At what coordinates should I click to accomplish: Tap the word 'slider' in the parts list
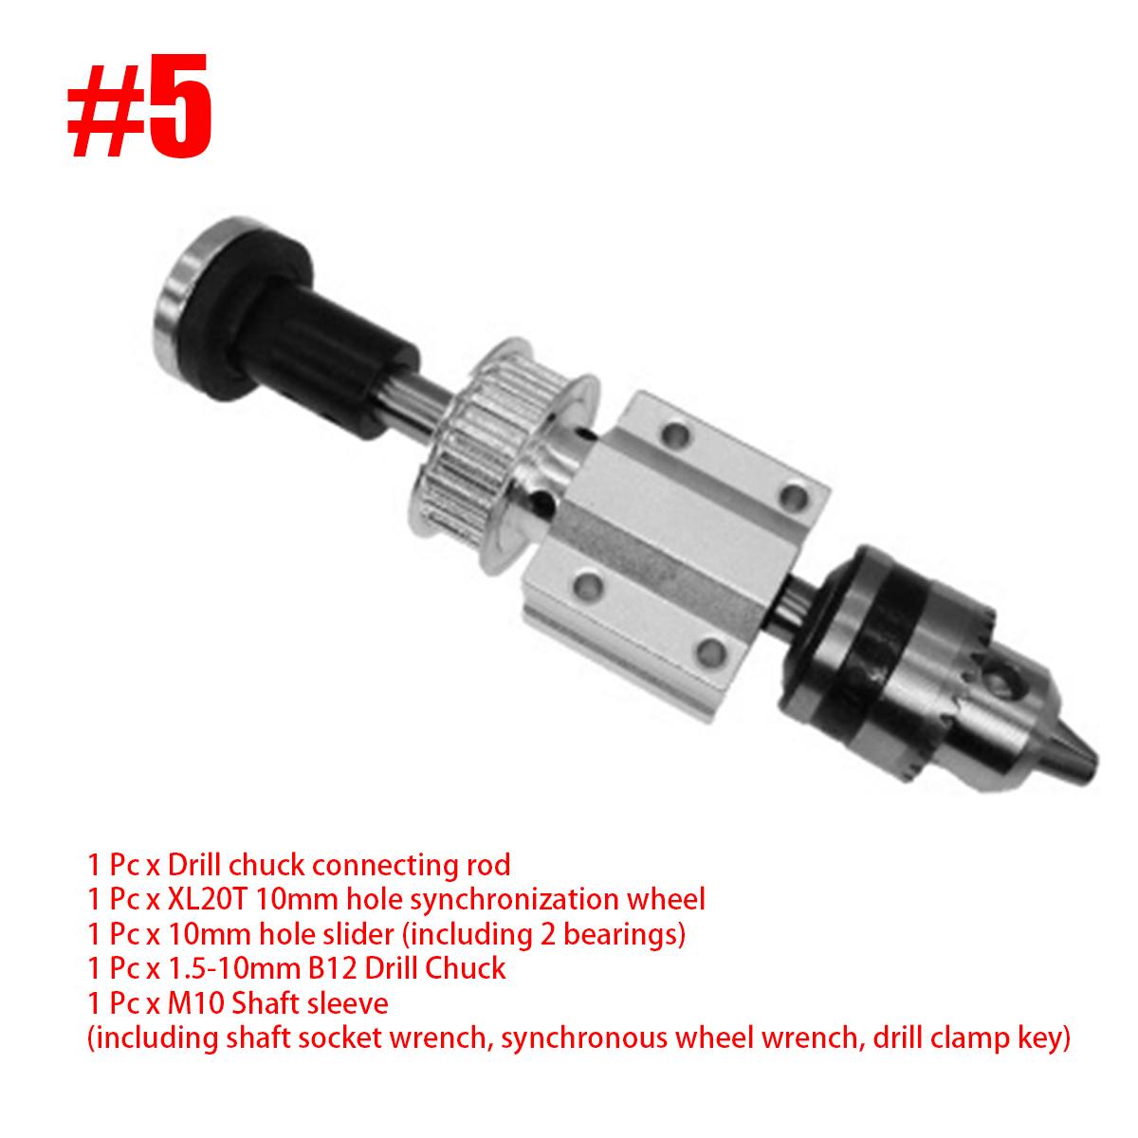pos(352,934)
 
